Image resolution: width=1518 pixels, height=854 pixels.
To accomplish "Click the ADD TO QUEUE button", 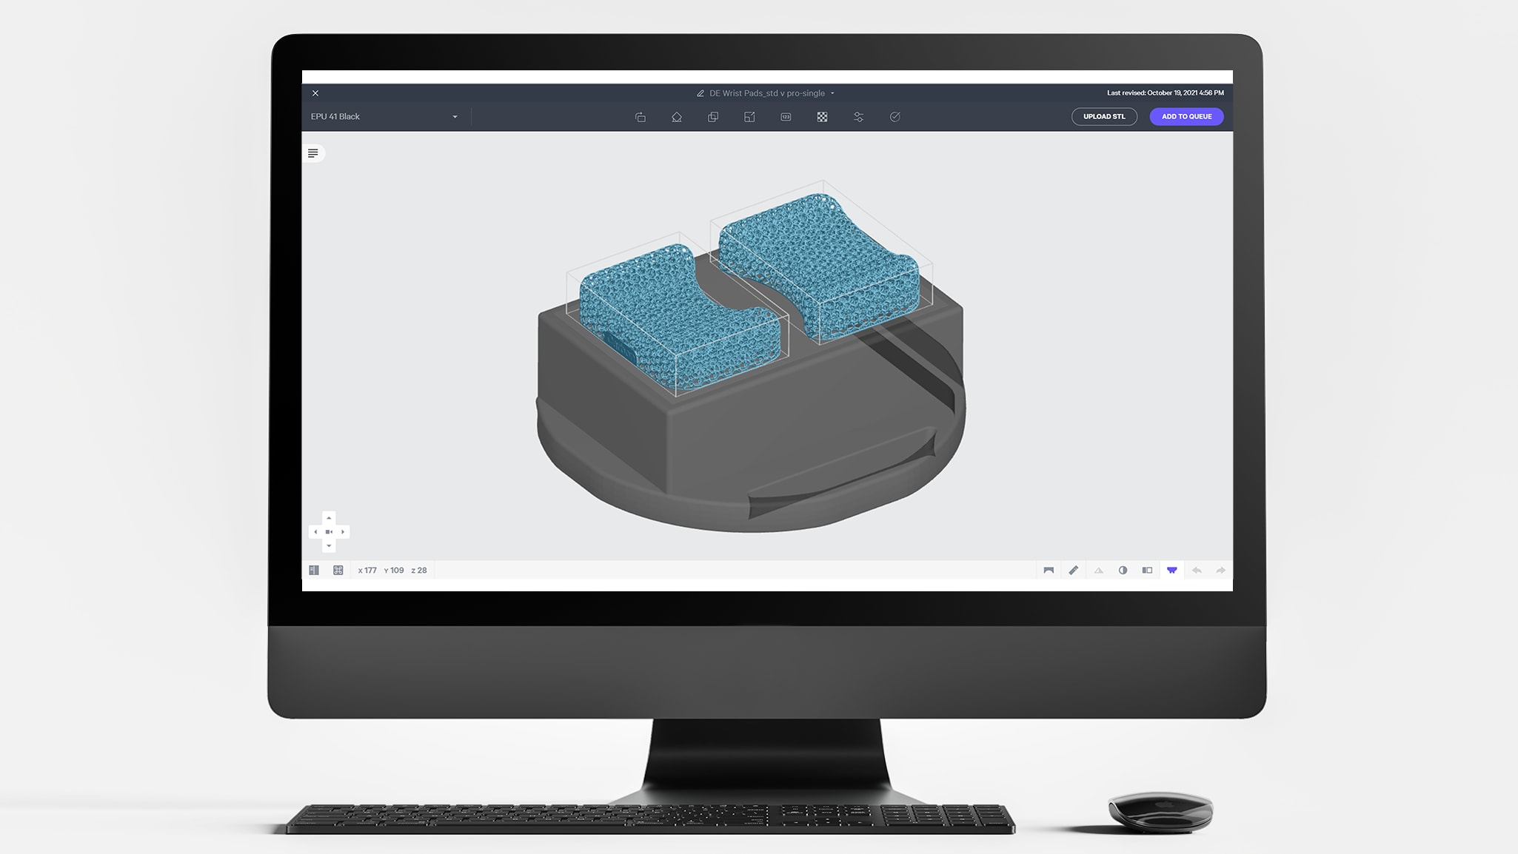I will (1186, 116).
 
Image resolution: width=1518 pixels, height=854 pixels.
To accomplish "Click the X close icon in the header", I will (315, 93).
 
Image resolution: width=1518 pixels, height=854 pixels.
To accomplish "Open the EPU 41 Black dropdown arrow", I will (455, 117).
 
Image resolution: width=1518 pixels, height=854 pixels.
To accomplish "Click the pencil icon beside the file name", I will (700, 93).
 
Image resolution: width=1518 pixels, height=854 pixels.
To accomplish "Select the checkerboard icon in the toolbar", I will (822, 117).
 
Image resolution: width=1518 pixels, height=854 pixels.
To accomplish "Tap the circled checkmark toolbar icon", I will (895, 117).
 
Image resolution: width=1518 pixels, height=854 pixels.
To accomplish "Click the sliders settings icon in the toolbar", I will (858, 117).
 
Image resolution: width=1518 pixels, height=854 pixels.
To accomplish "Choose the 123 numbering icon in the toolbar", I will (786, 117).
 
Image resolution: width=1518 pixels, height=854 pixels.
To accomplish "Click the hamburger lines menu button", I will (313, 153).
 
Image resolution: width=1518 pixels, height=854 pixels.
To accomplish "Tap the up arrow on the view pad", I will (329, 518).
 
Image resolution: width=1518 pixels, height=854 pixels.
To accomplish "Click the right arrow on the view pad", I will (343, 532).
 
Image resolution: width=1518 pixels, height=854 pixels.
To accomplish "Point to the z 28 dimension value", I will (419, 571).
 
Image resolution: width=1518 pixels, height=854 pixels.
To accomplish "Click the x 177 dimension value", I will (367, 571).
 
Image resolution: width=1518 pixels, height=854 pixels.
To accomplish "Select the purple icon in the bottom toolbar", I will (1171, 571).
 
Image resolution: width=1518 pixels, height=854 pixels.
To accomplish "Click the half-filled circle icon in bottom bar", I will (1123, 571).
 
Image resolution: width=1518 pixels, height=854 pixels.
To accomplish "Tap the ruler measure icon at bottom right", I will (1073, 571).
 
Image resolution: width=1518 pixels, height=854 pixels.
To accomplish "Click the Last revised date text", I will (1165, 93).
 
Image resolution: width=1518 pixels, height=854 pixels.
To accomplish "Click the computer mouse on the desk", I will (1160, 811).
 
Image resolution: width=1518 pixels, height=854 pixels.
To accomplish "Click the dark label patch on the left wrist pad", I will (620, 346).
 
